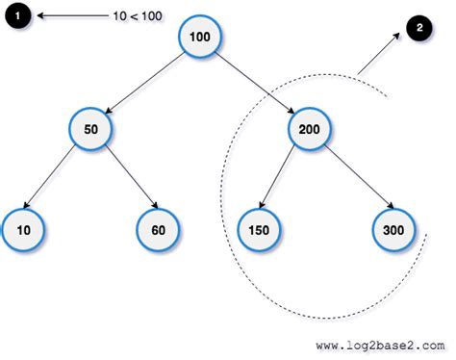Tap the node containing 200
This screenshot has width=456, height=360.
[x=310, y=128]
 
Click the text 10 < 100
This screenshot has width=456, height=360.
[x=136, y=16]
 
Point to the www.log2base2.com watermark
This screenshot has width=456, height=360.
[x=380, y=343]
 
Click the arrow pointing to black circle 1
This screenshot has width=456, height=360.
[x=67, y=16]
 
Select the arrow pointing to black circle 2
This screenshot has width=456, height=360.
[x=378, y=56]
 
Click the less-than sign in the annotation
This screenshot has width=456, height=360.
[x=136, y=16]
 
